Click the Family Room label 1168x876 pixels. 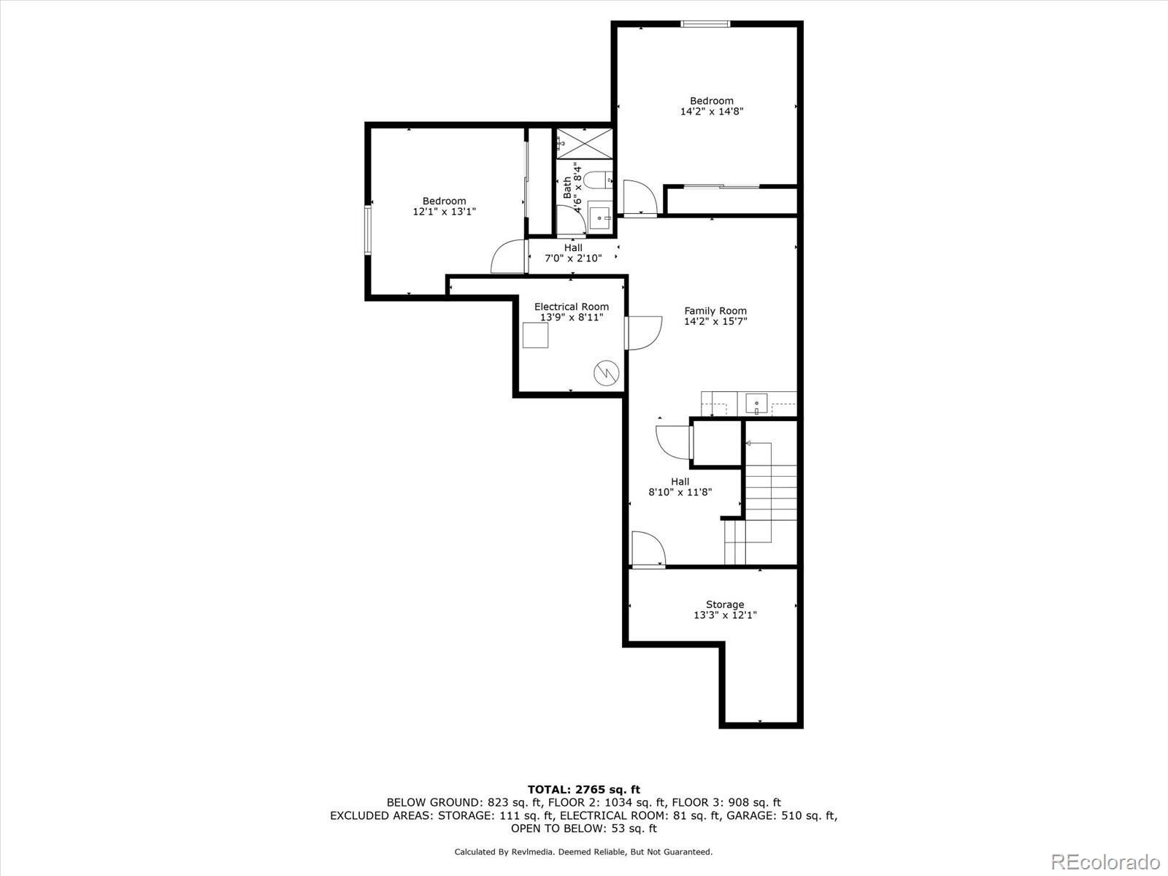point(715,311)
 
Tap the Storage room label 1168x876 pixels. point(725,604)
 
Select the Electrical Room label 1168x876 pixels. point(571,307)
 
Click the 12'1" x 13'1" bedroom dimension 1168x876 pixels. point(444,212)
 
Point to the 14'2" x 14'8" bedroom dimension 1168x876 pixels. point(712,112)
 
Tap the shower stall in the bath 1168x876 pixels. point(584,143)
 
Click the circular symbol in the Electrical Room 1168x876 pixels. point(606,374)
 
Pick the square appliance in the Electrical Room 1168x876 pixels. point(536,335)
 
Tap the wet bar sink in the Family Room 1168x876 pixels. point(757,403)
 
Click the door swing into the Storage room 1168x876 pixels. point(648,549)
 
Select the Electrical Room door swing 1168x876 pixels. point(644,332)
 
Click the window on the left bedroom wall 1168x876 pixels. point(369,230)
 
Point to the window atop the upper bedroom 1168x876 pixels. point(705,24)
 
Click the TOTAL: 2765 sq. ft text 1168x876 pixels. point(583,789)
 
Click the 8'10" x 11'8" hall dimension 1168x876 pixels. point(680,493)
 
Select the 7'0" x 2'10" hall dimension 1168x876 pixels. point(573,258)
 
